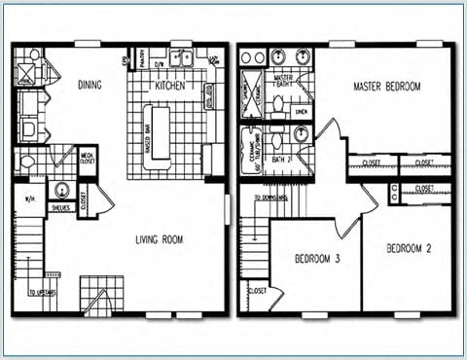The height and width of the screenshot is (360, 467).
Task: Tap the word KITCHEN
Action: pos(169,86)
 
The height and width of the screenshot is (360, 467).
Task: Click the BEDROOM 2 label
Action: pos(410,249)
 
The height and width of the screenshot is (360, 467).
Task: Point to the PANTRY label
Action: pos(141,63)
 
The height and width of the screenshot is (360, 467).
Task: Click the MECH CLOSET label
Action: pos(88,157)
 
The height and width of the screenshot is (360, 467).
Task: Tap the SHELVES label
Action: pos(59,206)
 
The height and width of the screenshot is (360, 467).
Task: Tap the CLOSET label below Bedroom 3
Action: pos(258,290)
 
